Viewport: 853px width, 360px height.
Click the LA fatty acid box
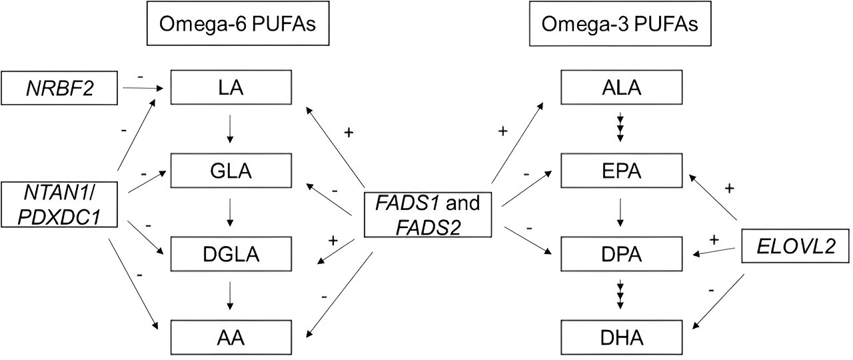point(231,88)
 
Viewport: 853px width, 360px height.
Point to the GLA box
point(231,171)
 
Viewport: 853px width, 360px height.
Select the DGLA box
point(231,254)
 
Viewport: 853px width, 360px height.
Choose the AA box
point(231,337)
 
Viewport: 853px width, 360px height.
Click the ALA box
point(621,88)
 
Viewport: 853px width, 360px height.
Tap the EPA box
point(621,171)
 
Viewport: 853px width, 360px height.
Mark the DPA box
point(621,254)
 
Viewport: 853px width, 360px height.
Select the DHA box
point(621,337)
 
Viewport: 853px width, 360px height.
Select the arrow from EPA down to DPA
point(621,213)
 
